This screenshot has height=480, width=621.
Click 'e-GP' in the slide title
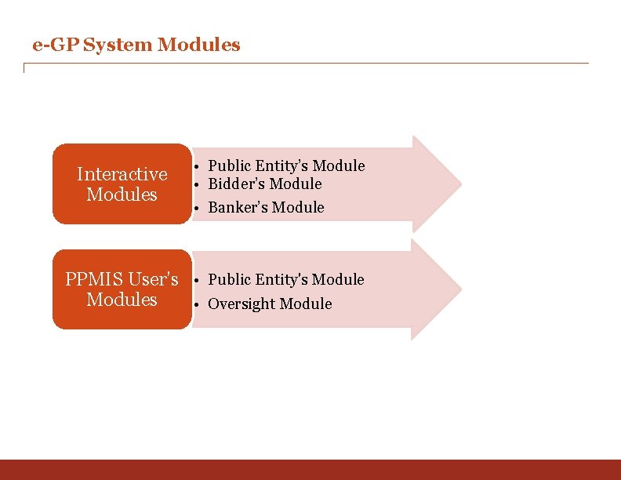[55, 45]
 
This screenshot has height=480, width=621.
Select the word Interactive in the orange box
[122, 174]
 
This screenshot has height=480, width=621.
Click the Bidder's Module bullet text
[265, 184]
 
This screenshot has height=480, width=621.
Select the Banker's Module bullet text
[266, 207]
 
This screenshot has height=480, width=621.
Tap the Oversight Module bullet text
[270, 304]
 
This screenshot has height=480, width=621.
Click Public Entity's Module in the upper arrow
[286, 165]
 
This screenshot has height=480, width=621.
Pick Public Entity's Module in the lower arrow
[286, 279]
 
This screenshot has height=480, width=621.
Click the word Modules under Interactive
[122, 195]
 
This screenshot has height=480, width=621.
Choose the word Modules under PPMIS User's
[122, 300]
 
